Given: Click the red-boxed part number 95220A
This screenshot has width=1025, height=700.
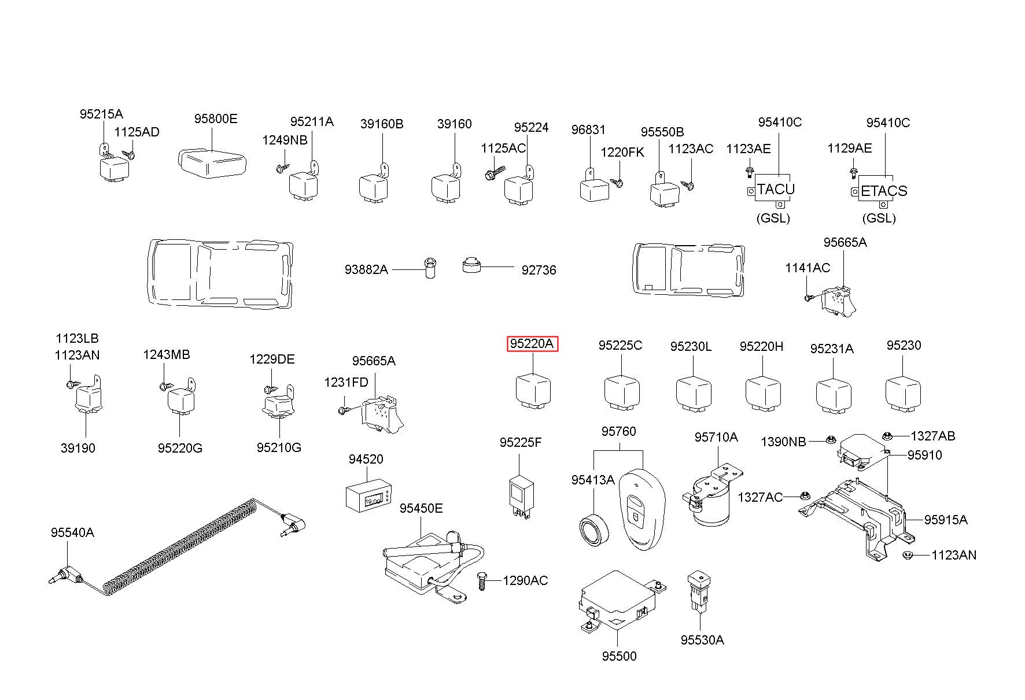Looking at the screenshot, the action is pos(532,344).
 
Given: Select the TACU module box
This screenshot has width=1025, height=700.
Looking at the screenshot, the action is pos(776,188).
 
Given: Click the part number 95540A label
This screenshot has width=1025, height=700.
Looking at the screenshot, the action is pos(72,532).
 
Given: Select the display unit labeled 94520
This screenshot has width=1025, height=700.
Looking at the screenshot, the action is pos(368,495).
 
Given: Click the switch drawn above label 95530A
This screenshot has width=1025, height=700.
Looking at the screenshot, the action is pos(699,590).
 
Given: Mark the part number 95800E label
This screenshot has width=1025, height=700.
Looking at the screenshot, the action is pos(216,118).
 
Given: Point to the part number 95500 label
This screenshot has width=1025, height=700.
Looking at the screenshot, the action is pos(619,656).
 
